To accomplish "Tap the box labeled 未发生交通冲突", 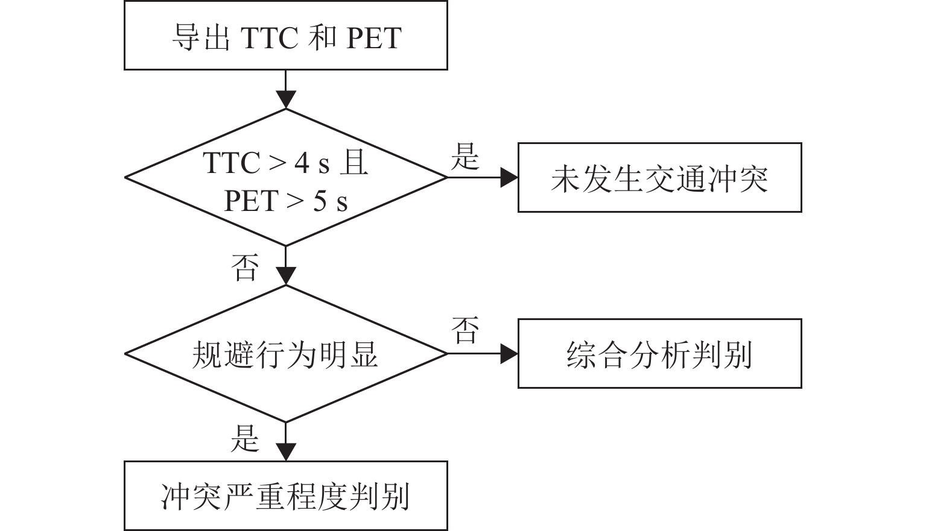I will [659, 178].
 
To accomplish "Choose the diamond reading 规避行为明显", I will [285, 354].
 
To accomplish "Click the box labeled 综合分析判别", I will [659, 354].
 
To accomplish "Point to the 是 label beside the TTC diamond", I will [465, 157].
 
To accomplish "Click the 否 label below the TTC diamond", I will [245, 268].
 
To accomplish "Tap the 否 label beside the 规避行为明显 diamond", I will [465, 330].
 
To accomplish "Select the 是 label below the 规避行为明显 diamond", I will [245, 438].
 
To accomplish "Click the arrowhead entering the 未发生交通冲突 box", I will [510, 178].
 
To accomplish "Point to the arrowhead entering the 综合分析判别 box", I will [510, 354].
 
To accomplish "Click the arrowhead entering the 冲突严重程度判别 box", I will [285, 452].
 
